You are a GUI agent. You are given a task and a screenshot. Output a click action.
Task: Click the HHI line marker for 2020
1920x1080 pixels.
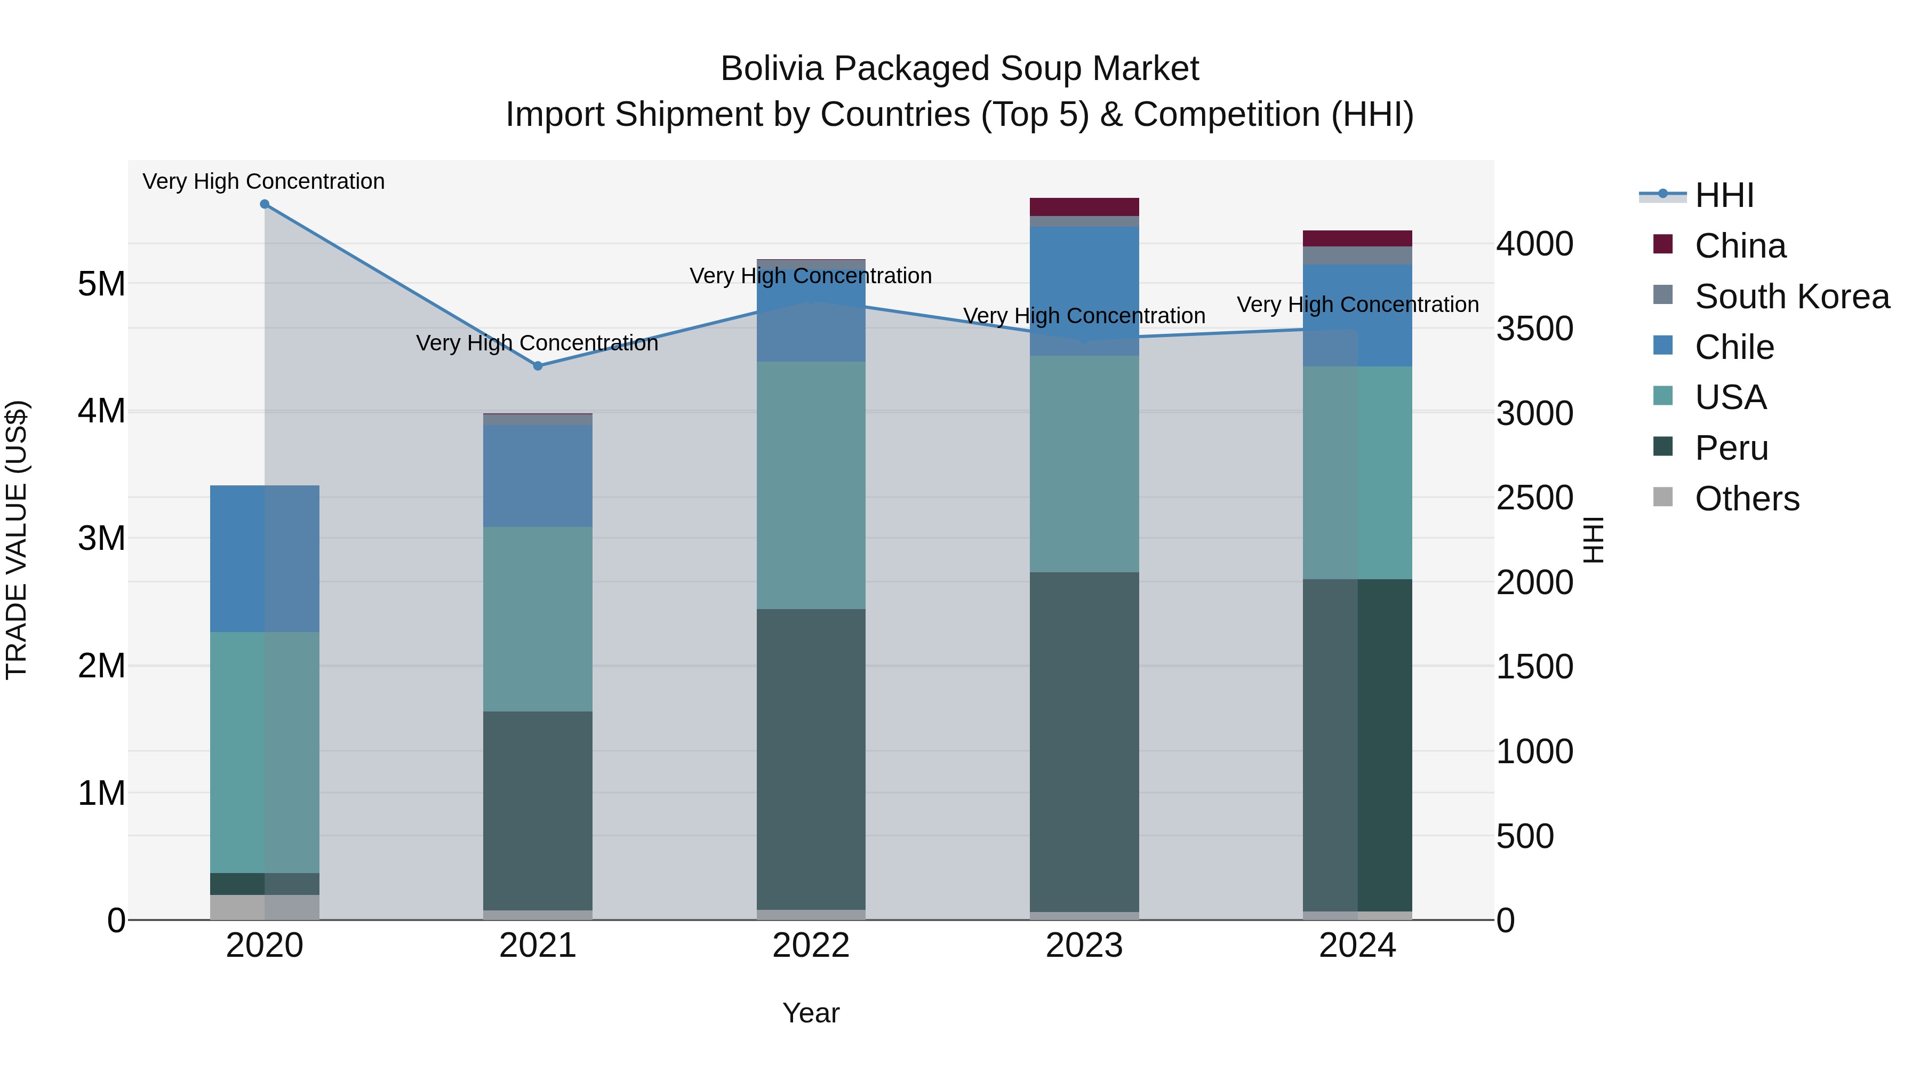click(265, 204)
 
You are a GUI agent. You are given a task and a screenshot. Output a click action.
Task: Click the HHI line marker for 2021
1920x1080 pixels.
click(538, 366)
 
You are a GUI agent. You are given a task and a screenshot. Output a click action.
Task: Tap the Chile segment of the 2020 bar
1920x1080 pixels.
click(265, 559)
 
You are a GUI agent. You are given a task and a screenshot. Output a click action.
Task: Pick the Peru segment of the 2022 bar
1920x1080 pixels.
click(811, 759)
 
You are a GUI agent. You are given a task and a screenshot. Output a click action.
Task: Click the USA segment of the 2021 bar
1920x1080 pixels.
click(538, 619)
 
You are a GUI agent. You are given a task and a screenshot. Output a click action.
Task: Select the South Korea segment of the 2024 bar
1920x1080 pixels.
click(1357, 255)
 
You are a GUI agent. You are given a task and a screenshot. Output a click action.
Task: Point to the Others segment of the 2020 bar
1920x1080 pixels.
click(265, 907)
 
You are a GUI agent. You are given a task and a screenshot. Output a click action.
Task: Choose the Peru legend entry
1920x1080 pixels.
click(1731, 448)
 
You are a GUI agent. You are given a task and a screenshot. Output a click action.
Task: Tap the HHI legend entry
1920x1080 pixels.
click(1723, 195)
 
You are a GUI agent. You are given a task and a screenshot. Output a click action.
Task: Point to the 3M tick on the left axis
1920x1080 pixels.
click(101, 538)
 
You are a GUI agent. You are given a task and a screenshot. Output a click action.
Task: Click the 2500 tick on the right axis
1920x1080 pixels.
click(1534, 498)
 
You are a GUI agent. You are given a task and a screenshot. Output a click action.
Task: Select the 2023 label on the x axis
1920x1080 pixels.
click(1084, 946)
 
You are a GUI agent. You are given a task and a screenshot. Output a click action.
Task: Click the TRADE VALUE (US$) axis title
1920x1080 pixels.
click(17, 540)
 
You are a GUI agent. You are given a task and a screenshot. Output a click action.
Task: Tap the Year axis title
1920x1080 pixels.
click(811, 1013)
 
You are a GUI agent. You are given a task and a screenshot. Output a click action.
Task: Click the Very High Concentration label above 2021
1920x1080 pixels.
click(537, 343)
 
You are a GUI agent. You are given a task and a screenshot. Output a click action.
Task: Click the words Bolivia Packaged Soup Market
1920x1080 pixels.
click(959, 69)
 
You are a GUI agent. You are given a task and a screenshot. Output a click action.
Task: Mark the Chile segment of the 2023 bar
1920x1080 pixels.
click(1084, 291)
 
